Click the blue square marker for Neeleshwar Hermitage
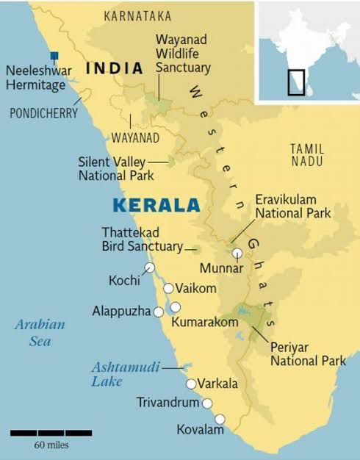coord(54,55)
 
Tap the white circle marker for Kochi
coord(150,267)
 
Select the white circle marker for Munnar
coord(237,253)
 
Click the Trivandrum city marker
coord(207,403)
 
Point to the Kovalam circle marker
coord(218,420)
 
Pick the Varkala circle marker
coord(191,384)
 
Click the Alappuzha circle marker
coord(158,312)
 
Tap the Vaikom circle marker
coord(168,288)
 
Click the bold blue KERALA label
coord(156,205)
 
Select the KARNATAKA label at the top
coord(137,15)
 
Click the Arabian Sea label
coord(40,332)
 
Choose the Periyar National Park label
coord(308,353)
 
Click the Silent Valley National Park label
coord(116,168)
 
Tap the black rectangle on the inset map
coord(295,82)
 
